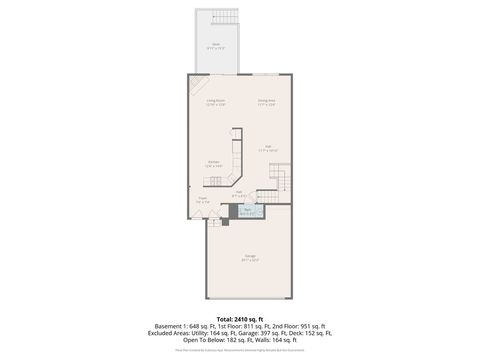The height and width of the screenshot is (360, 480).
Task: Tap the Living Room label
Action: pyautogui.click(x=215, y=102)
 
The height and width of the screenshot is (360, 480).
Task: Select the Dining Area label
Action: pyautogui.click(x=266, y=102)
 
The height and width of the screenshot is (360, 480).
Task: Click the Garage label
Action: pyautogui.click(x=249, y=258)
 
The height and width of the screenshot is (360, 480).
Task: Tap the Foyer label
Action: pyautogui.click(x=202, y=199)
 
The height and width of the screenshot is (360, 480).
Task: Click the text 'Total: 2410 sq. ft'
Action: pyautogui.click(x=240, y=318)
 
